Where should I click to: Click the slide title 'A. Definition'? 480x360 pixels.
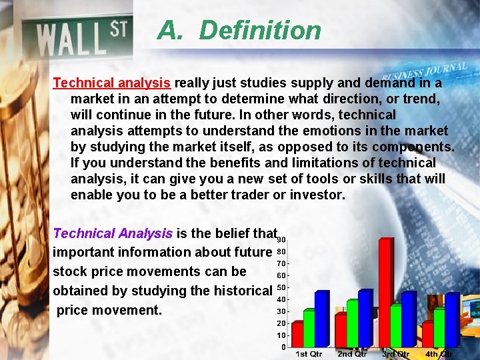tap(239, 31)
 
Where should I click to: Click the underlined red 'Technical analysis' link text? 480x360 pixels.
tap(112, 83)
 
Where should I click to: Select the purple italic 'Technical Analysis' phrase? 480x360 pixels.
tap(112, 233)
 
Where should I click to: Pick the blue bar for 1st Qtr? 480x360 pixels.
tap(322, 318)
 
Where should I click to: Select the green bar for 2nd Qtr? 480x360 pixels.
tap(352, 323)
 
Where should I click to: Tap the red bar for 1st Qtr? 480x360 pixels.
tap(297, 333)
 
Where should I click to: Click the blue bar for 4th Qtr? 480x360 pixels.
tap(452, 319)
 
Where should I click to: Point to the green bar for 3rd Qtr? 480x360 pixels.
tap(396, 325)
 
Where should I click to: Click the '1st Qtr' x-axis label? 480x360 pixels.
tap(309, 354)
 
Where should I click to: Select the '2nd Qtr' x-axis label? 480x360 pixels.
tap(352, 354)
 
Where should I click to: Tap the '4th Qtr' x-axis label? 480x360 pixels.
tap(439, 354)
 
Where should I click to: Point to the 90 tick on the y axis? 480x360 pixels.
tap(281, 240)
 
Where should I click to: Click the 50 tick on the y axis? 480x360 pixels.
tap(281, 287)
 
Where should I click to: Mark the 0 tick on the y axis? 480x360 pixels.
tap(283, 347)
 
